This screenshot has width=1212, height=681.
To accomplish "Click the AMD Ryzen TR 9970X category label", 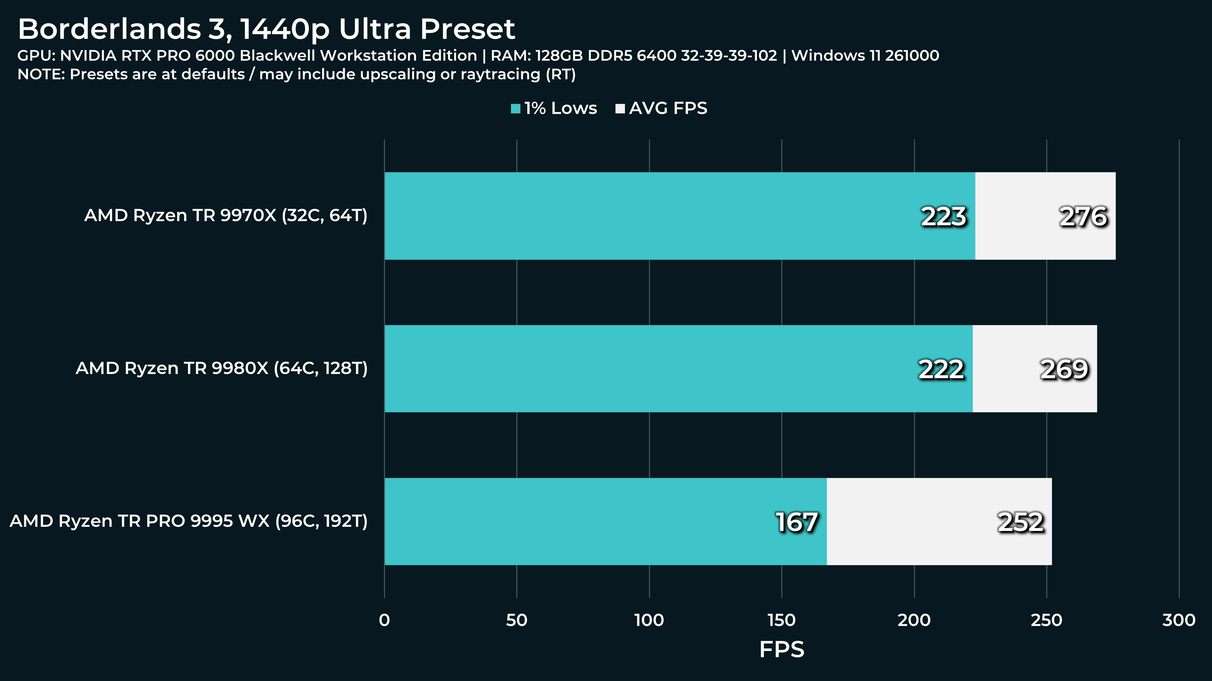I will click(x=226, y=215).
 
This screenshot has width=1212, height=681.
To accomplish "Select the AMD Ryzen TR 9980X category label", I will click(x=222, y=368).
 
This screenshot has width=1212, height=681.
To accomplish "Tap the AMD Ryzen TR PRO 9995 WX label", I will click(x=189, y=521).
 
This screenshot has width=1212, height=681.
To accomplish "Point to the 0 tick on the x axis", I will click(x=384, y=620).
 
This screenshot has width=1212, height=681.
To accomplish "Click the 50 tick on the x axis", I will click(x=517, y=620).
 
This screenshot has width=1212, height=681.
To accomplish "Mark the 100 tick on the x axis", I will click(x=649, y=620).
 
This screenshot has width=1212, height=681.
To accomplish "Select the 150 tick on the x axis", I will click(x=782, y=620).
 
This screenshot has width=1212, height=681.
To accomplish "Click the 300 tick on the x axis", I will click(x=1179, y=620).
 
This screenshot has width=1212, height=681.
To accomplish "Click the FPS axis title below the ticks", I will click(x=782, y=649).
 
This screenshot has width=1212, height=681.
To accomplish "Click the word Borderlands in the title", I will click(x=110, y=29).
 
